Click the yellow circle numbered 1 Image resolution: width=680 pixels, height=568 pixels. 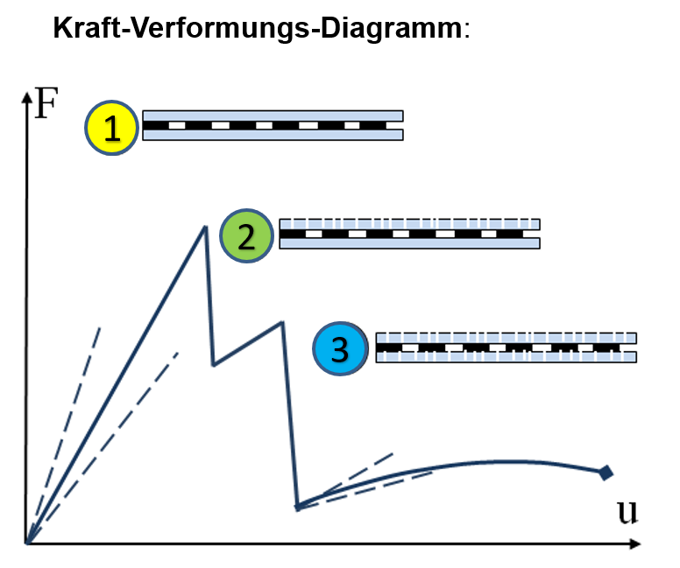click(112, 128)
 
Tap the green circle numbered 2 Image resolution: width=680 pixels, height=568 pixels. click(247, 236)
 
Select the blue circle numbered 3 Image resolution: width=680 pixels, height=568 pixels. click(340, 348)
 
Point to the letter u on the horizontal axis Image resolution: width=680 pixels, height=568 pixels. click(627, 512)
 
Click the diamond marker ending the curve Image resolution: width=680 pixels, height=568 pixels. click(606, 473)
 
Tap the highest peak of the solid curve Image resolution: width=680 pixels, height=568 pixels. click(205, 227)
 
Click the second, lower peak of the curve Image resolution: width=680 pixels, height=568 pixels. click(283, 322)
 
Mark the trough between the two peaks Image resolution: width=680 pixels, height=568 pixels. click(213, 365)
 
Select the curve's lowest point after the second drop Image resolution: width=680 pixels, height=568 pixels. click(298, 507)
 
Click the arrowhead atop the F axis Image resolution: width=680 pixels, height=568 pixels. click(27, 97)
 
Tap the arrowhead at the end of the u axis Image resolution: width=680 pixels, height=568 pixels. click(635, 543)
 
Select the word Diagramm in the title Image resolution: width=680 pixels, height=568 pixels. click(392, 30)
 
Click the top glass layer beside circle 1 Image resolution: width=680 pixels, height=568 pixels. click(273, 116)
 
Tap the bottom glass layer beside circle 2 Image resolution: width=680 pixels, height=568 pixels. click(409, 243)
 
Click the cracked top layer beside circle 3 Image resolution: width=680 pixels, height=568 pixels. click(506, 338)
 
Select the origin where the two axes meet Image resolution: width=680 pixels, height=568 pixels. click(27, 543)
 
